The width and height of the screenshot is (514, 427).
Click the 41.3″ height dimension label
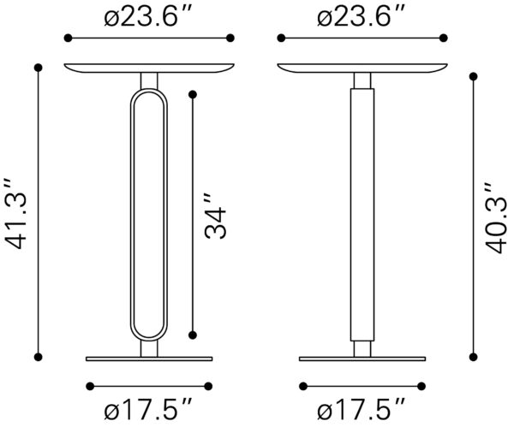[x=15, y=213]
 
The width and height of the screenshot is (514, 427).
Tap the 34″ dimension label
[x=215, y=216]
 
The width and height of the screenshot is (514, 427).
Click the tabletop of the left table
[x=149, y=68]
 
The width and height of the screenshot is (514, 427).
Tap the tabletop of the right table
[x=362, y=68]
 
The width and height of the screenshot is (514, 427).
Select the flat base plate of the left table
[x=149, y=359]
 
